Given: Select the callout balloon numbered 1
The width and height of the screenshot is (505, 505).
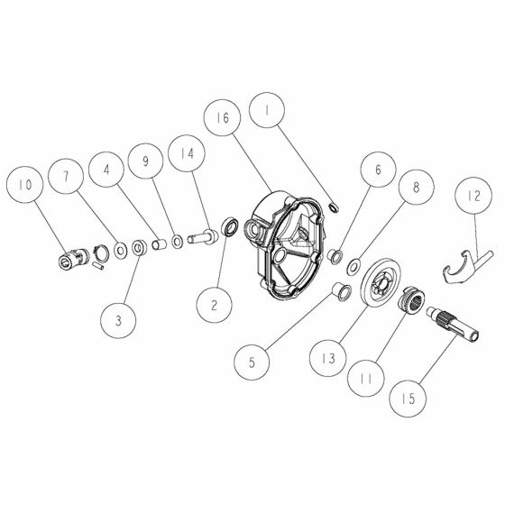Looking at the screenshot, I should [268, 113].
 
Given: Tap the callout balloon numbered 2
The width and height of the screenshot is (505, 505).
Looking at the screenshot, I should [215, 305].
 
